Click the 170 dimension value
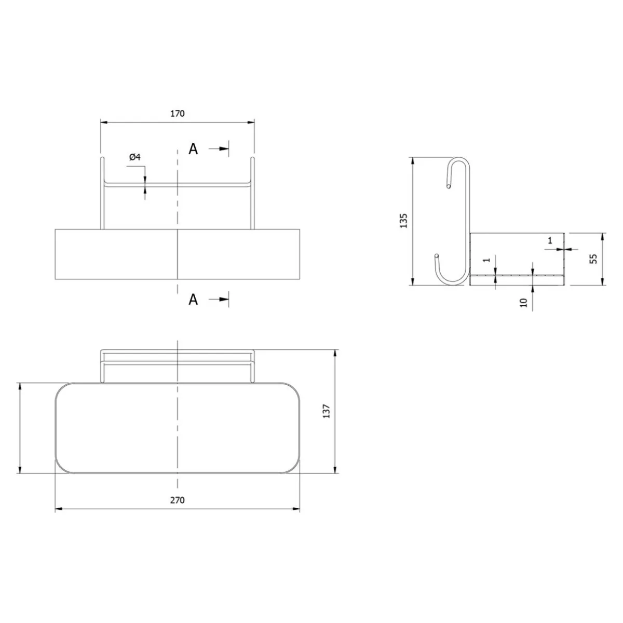[177, 114]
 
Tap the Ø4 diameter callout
[135, 157]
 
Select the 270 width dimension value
[177, 500]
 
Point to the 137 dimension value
[327, 411]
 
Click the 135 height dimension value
[404, 221]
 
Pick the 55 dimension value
[593, 259]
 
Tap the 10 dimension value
[524, 302]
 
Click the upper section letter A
[193, 149]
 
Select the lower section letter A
[193, 300]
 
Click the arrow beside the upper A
[219, 148]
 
